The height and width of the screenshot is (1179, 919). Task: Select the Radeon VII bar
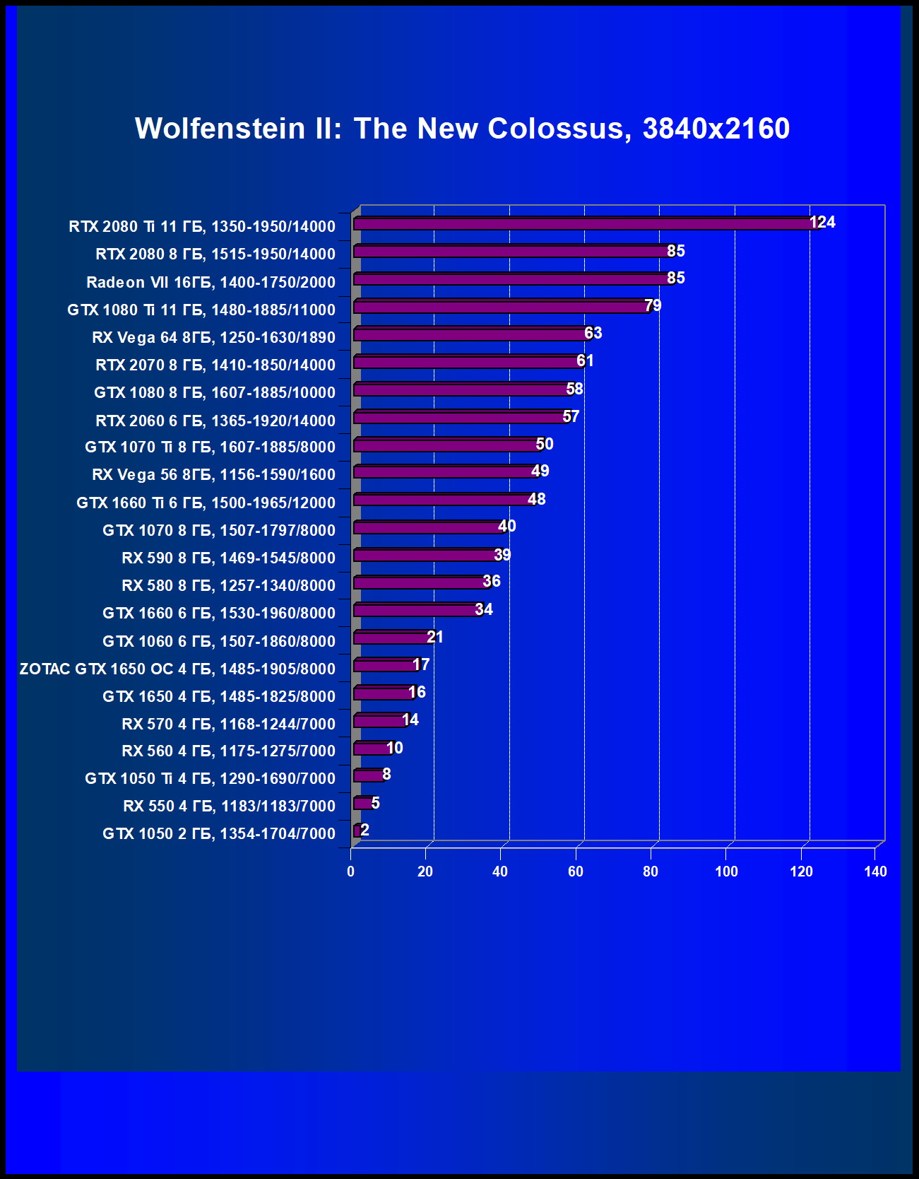[x=512, y=279]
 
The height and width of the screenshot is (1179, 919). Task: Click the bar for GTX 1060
[x=392, y=638]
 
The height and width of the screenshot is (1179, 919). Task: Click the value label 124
[x=822, y=222]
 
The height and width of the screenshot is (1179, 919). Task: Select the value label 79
[x=653, y=305]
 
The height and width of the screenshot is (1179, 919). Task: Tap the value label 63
[x=593, y=333]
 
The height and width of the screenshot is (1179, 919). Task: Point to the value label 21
[x=435, y=637]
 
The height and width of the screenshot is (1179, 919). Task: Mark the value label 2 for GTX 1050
[x=364, y=830]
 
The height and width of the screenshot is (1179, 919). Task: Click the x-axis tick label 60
[x=576, y=872]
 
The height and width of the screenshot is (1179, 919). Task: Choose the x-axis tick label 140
[x=875, y=872]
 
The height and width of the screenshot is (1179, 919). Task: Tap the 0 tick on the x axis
[x=350, y=872]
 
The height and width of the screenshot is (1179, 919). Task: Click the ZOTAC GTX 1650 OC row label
[x=177, y=669]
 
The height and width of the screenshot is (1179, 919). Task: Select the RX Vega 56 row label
[x=213, y=474]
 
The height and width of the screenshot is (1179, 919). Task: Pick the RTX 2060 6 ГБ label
[x=215, y=421]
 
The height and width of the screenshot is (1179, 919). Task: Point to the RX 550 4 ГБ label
[x=229, y=806]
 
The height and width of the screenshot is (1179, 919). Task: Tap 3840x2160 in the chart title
[x=716, y=129]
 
